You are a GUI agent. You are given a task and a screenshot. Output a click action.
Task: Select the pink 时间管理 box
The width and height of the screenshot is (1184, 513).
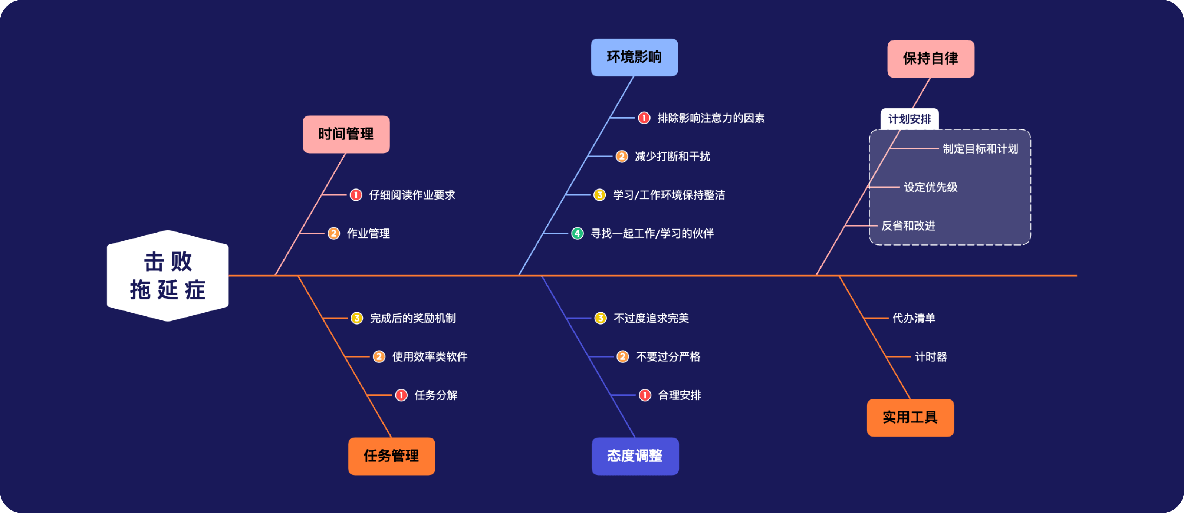click(x=346, y=134)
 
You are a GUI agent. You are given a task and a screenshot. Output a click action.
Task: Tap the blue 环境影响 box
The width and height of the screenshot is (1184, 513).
click(x=634, y=57)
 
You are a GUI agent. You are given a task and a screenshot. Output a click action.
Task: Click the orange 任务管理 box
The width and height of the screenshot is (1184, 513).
click(x=391, y=456)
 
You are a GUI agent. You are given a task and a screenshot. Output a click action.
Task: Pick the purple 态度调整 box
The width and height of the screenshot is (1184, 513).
click(x=635, y=456)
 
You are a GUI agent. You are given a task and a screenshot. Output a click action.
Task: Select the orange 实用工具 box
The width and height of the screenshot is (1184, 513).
click(x=910, y=417)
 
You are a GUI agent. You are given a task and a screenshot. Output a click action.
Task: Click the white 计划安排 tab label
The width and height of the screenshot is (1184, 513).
click(x=909, y=119)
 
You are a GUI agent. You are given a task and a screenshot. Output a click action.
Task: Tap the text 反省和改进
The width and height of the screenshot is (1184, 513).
click(x=908, y=226)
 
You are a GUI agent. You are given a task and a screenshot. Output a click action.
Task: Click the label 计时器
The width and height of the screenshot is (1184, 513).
click(x=931, y=357)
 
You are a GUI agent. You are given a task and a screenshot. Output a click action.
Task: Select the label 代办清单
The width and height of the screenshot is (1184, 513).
click(x=914, y=318)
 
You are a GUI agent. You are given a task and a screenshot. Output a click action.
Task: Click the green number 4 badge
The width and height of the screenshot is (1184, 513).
click(x=577, y=234)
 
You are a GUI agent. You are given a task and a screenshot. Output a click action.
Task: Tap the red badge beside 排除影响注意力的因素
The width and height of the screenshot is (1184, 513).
click(x=644, y=118)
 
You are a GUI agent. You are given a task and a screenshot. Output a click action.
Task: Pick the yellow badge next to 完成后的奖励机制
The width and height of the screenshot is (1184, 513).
click(x=357, y=318)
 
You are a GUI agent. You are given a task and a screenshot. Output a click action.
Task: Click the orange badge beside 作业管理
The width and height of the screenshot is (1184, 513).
click(x=334, y=234)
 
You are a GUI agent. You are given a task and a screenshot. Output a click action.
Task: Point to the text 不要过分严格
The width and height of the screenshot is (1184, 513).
click(x=668, y=357)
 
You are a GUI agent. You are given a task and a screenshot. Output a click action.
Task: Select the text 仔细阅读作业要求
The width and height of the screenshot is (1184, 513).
click(x=412, y=195)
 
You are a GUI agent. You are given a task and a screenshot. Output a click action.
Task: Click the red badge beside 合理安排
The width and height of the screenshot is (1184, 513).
click(x=645, y=395)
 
